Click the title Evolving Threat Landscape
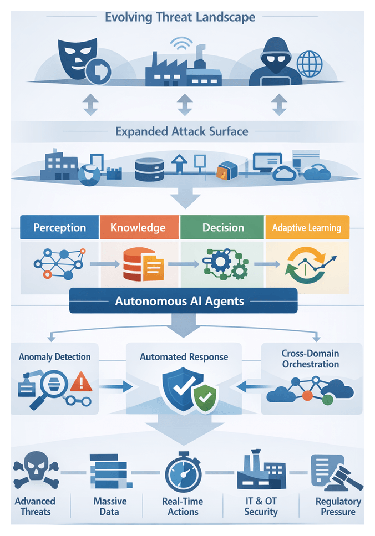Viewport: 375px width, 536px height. [x=180, y=17]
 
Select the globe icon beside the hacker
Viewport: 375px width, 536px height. [x=309, y=64]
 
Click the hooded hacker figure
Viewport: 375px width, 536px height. [x=275, y=62]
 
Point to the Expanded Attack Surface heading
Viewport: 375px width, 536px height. [x=181, y=132]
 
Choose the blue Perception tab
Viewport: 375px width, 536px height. [x=59, y=227]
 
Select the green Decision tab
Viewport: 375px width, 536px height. [x=223, y=227]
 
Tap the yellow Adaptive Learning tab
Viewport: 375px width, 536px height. [x=307, y=227]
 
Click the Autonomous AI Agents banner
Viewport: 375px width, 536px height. [x=183, y=302]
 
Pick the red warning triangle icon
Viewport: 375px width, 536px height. [x=82, y=382]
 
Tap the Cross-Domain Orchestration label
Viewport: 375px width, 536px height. [x=310, y=359]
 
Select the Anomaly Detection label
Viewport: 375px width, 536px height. [x=54, y=356]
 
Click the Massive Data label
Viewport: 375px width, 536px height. [x=110, y=506]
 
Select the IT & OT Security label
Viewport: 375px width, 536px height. [x=261, y=506]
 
